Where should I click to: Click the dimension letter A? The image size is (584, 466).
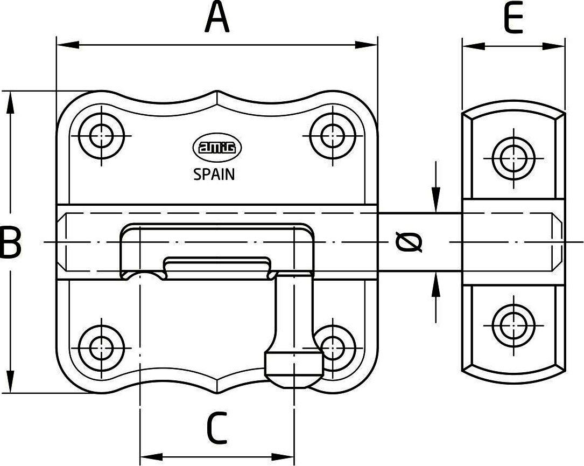(x=217, y=18)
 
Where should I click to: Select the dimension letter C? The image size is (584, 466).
(x=217, y=428)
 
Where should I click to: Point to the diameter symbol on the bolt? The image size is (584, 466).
(x=409, y=242)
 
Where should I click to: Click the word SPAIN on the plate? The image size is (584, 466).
(x=214, y=175)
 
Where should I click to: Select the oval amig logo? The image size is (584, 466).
(x=217, y=148)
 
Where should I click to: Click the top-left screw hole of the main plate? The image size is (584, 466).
(x=101, y=136)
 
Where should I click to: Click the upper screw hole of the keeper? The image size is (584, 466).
(x=513, y=158)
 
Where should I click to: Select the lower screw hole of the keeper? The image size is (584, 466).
(x=513, y=325)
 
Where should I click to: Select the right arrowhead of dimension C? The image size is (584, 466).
(x=283, y=456)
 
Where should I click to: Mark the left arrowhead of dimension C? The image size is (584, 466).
(x=151, y=456)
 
